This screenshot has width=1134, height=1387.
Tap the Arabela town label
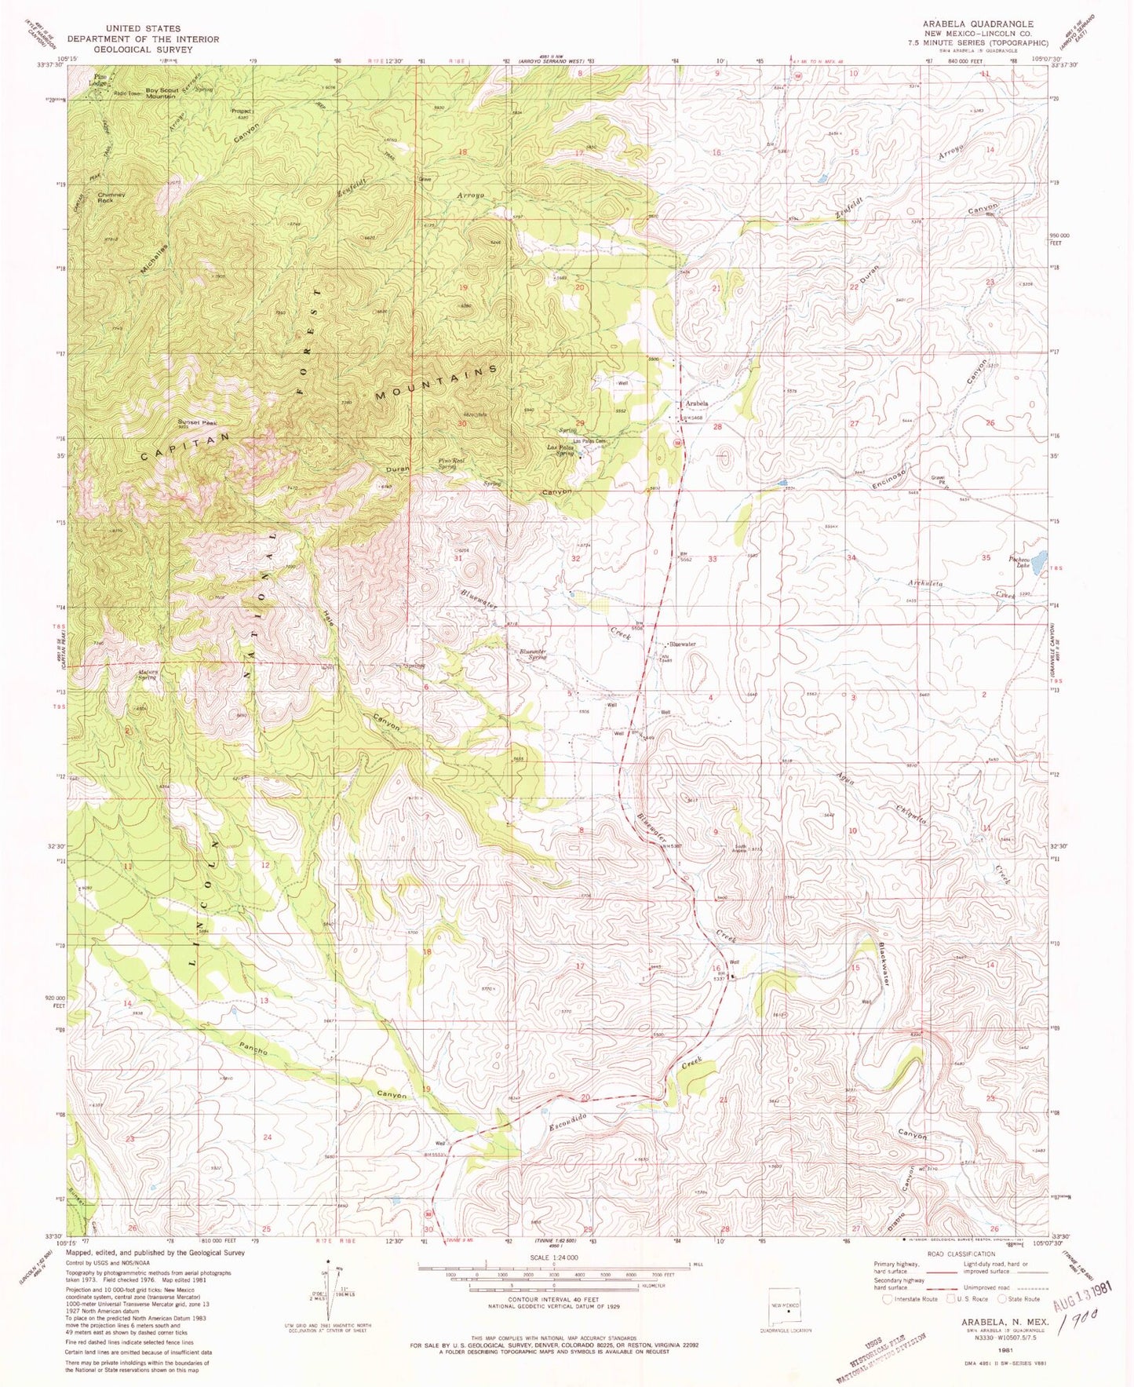point(697,403)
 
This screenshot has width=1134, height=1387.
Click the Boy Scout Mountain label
point(161,93)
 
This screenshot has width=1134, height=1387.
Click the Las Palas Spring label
point(564,450)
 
